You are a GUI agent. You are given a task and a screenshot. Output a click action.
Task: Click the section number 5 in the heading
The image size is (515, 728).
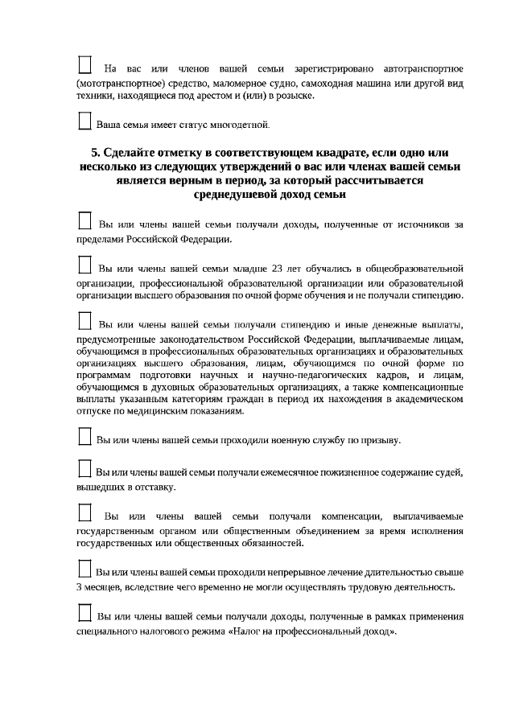pyautogui.click(x=95, y=153)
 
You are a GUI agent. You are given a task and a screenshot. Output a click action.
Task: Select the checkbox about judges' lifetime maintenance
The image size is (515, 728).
pyautogui.click(x=85, y=468)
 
